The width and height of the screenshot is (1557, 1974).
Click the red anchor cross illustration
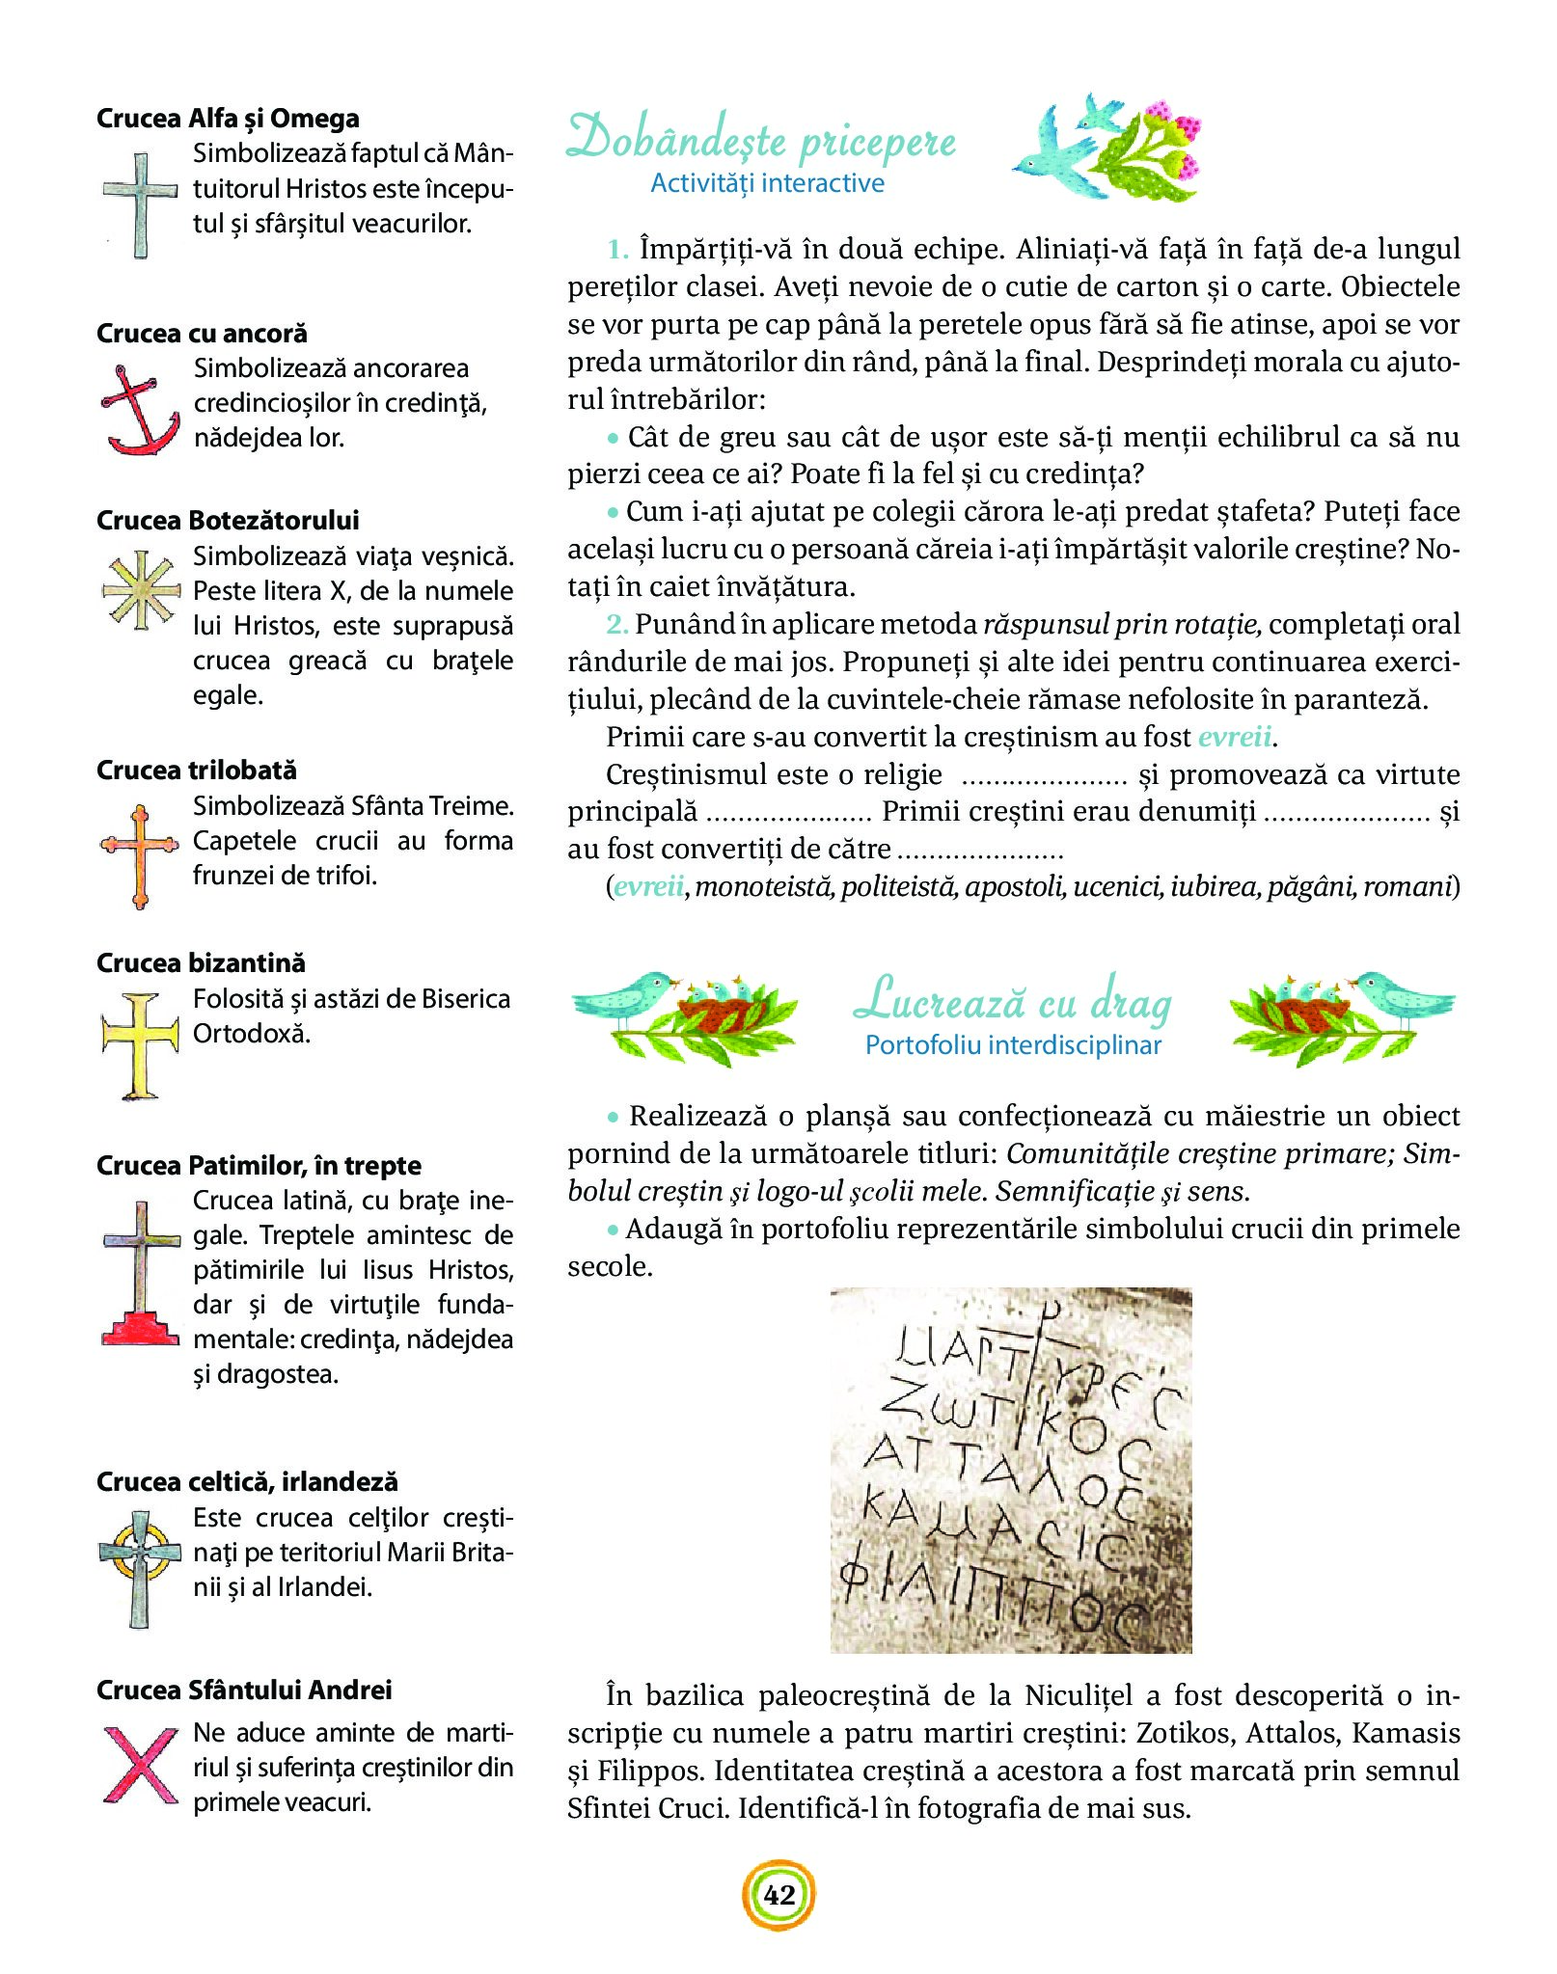coord(140,410)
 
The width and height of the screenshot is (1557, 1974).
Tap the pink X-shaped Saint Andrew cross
coord(140,1764)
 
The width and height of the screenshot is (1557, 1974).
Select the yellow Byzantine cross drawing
coord(141,1045)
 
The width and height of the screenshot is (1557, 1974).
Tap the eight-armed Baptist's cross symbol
coord(141,590)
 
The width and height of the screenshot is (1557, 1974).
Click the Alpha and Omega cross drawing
coord(141,204)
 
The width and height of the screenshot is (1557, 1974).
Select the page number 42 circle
coord(778,1895)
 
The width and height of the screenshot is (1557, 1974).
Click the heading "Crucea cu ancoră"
coord(202,334)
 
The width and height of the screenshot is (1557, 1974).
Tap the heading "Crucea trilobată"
coord(197,771)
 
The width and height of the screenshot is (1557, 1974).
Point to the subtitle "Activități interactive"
coord(767,183)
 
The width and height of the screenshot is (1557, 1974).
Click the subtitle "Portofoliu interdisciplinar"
coord(1013,1045)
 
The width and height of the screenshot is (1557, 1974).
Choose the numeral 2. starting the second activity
coord(617,625)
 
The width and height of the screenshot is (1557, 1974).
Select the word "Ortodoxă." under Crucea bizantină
coord(252,1034)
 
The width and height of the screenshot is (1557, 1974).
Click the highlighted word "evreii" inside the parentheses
coord(648,886)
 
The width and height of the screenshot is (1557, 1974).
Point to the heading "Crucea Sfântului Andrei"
coord(244,1690)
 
